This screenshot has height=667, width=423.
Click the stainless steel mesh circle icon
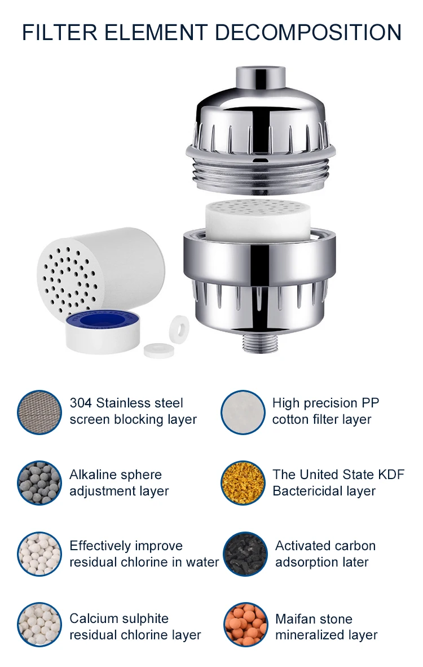39,412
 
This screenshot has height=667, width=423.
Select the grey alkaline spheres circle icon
39,483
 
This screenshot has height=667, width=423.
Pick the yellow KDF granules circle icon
243,483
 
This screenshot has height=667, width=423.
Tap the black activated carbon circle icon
245,554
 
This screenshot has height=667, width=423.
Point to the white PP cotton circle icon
243,412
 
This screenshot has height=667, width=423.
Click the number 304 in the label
81,403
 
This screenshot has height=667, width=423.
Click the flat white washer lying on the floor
158,350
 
